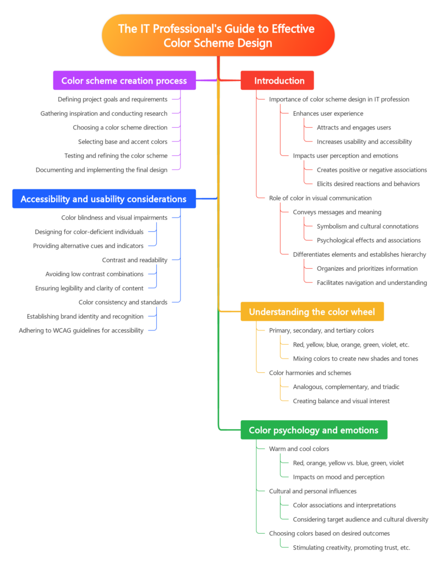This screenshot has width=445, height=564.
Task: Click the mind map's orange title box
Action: [218, 35]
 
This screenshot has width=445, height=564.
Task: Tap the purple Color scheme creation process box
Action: [124, 80]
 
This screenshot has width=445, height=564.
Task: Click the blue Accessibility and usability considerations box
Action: [104, 199]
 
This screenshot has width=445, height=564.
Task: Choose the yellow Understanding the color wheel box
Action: [312, 312]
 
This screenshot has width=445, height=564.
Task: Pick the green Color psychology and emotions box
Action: [314, 430]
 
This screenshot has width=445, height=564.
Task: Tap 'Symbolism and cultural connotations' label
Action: [367, 226]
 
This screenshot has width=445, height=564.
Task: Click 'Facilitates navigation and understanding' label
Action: [372, 283]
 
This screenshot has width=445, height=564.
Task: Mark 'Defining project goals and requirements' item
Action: [113, 99]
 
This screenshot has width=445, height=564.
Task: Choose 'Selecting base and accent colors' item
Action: [123, 142]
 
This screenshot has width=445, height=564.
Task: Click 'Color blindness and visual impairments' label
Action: [114, 218]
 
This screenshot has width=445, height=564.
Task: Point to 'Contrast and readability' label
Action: [135, 260]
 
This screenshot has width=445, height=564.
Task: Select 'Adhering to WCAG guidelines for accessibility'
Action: [81, 330]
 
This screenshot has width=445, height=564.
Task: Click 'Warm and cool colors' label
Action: [299, 449]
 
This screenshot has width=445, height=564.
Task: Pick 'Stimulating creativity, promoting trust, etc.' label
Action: [351, 547]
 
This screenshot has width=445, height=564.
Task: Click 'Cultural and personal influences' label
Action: [313, 491]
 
